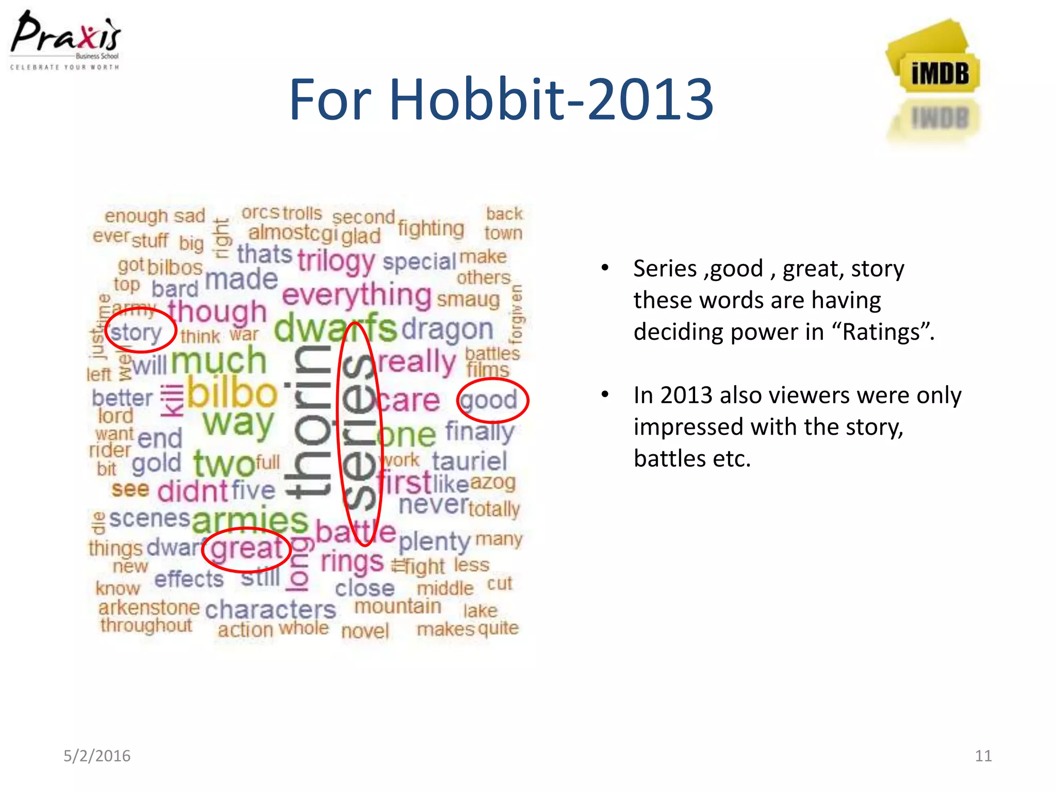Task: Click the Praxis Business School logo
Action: (65, 40)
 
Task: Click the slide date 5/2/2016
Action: (97, 756)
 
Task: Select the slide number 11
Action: (983, 756)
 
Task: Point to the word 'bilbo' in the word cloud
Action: (232, 394)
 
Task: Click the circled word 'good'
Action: (489, 401)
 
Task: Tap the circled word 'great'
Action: (246, 549)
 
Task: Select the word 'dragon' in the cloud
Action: (448, 330)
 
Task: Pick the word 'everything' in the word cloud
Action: (357, 296)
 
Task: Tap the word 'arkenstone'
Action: (149, 608)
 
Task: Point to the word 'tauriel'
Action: (469, 461)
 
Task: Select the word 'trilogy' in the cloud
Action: (336, 261)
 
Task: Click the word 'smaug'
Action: (468, 300)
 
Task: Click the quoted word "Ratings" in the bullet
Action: (881, 332)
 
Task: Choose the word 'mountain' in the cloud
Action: (398, 606)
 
